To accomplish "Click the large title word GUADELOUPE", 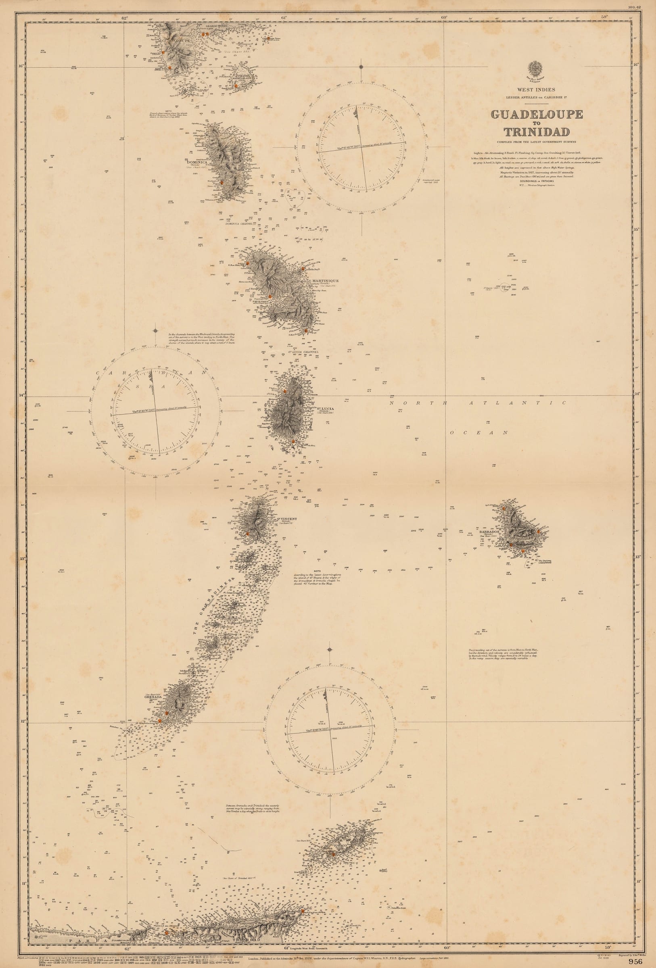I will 537,115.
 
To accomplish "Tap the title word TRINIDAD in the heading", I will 537,132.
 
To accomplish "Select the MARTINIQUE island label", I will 323,281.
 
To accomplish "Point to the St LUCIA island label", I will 325,408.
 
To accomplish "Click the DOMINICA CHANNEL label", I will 239,224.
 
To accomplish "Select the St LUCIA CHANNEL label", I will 304,352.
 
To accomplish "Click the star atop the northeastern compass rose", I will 361,66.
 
